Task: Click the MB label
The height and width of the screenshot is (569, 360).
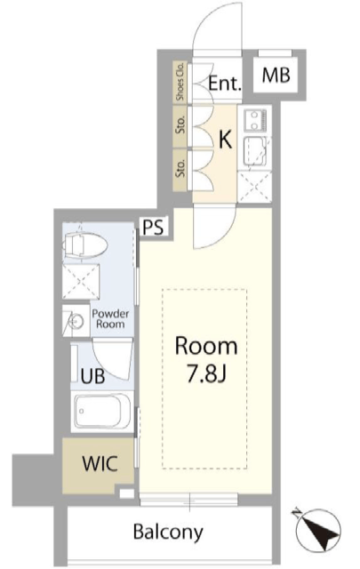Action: [276, 75]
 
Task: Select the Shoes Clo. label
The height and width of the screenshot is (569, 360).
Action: [180, 82]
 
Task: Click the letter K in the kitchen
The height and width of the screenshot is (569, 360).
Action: [226, 139]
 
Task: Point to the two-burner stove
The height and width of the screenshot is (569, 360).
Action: [255, 121]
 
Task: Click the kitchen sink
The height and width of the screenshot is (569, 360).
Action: [257, 151]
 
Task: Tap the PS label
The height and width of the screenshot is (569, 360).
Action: [153, 227]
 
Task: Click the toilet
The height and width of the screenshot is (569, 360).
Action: [85, 245]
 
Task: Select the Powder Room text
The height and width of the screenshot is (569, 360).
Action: [110, 318]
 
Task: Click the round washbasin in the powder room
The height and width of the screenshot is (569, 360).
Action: [77, 321]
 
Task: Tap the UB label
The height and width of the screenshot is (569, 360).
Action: [93, 376]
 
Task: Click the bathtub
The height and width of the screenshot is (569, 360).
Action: [102, 412]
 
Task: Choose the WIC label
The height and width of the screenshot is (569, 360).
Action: [100, 463]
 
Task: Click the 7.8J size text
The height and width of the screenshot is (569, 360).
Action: [206, 374]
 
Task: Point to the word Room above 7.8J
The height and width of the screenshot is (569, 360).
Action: [206, 346]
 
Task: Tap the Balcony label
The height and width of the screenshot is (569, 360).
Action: [168, 533]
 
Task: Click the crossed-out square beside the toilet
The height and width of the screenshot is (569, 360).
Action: [81, 282]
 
